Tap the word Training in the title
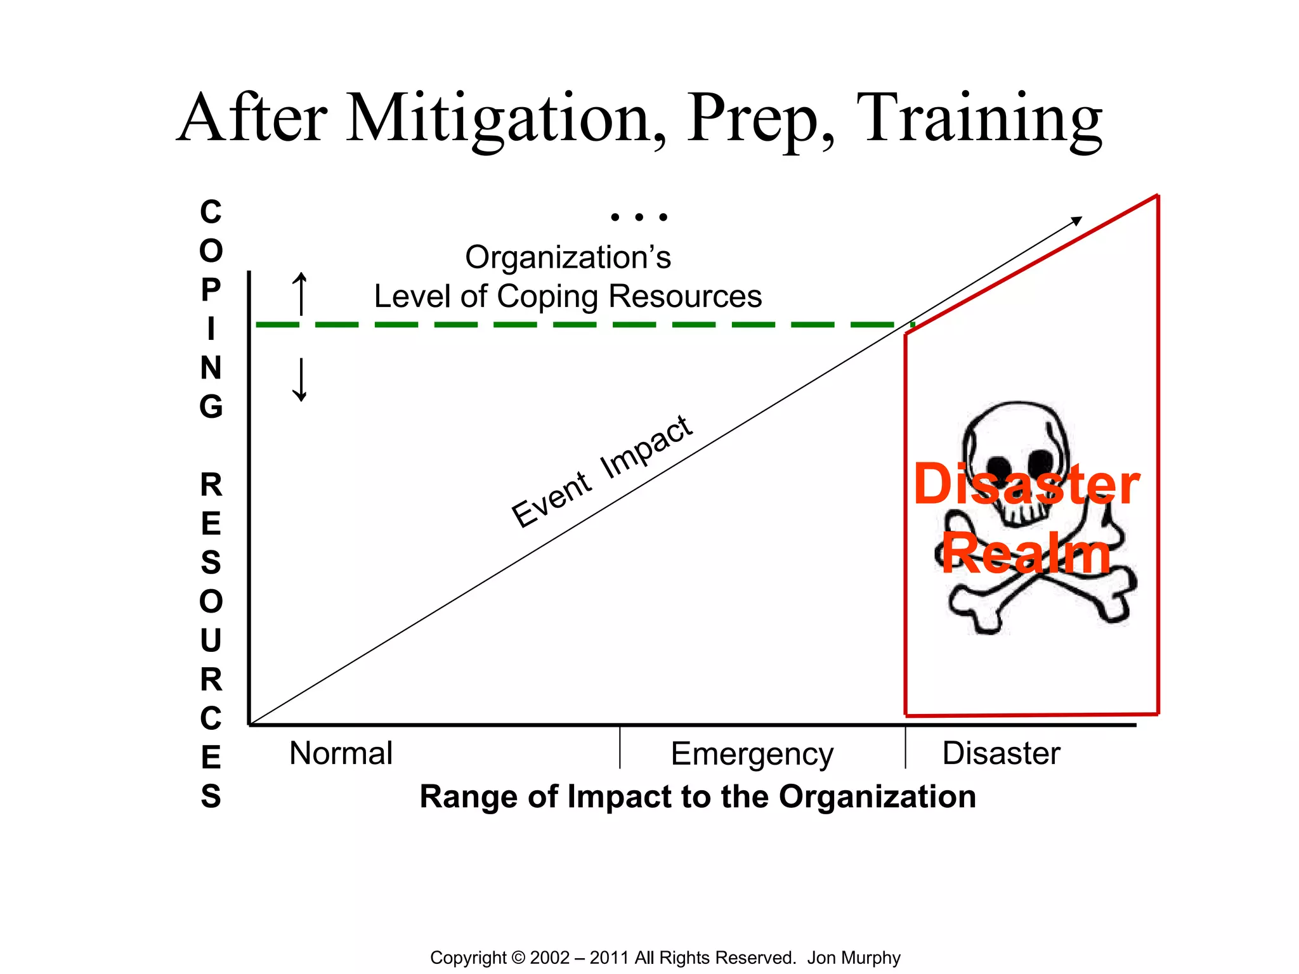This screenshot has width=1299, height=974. coord(979,119)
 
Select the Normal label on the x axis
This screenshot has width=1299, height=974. coord(341,753)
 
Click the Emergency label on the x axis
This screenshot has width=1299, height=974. coord(752,755)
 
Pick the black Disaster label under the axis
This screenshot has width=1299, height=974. coord(1001,753)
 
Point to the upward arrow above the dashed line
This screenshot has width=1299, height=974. coord(301,293)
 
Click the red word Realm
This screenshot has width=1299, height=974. coord(1026,554)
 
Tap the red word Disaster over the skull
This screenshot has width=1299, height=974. coord(1026,484)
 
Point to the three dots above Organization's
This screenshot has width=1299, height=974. coord(639,217)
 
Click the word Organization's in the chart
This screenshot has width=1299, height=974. coord(568,257)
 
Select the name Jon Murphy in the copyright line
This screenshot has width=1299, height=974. coord(853,958)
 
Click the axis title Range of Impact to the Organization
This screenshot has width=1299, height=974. coord(698,796)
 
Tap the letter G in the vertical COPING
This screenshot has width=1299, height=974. coord(211,406)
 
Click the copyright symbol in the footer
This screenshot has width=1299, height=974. coord(518,958)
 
